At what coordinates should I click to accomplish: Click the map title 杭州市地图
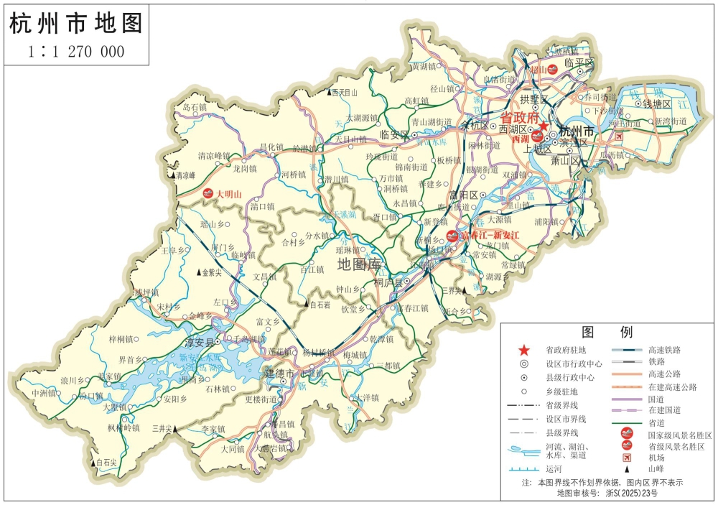[75, 24]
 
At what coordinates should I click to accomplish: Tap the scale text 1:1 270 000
[76, 52]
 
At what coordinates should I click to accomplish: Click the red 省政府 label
[519, 116]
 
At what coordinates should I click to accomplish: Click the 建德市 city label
[279, 374]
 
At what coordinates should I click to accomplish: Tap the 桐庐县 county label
[388, 284]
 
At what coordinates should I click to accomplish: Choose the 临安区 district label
[394, 134]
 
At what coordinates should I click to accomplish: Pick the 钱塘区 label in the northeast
[656, 105]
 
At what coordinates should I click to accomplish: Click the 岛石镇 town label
[195, 107]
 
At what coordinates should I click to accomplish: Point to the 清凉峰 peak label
[182, 175]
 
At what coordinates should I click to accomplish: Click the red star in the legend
[524, 350]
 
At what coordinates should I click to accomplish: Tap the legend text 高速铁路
[663, 350]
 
